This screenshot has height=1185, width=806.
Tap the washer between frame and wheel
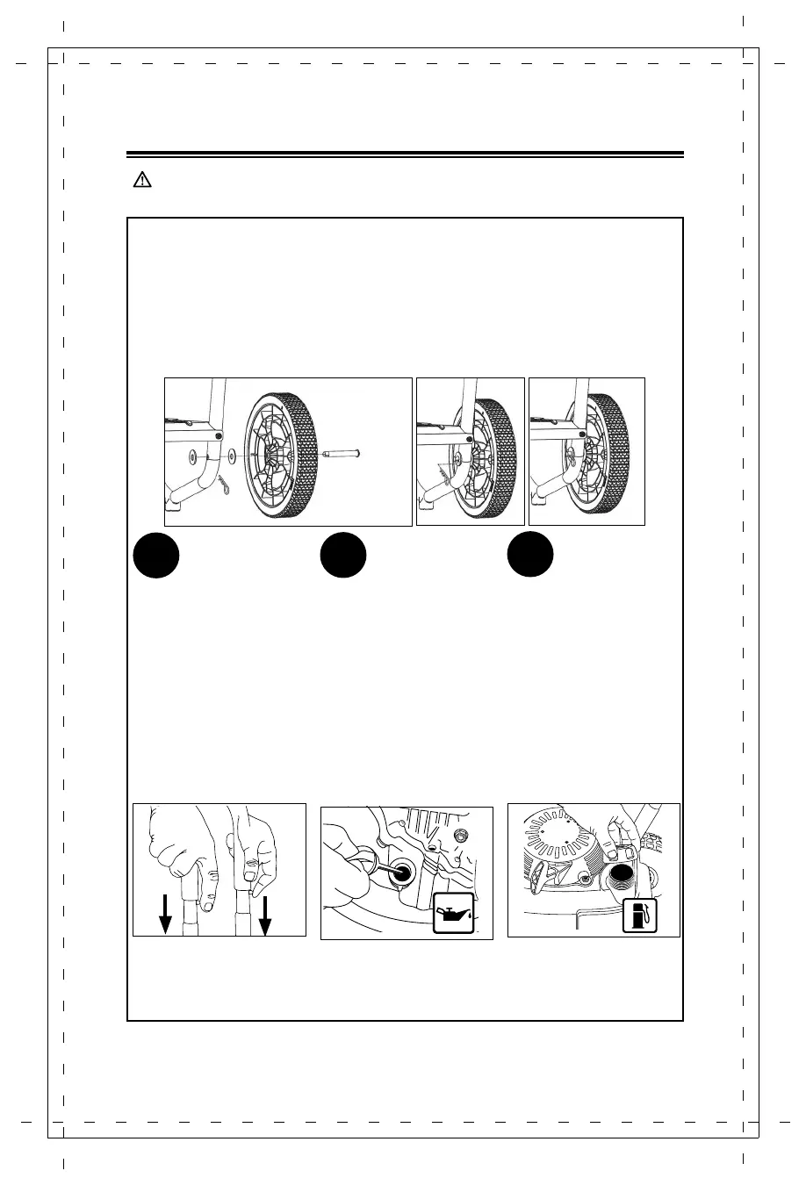pos(230,456)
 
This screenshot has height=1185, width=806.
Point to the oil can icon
pos(454,915)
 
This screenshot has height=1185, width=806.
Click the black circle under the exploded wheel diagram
pos(156,555)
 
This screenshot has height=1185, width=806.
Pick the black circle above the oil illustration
pos(342,555)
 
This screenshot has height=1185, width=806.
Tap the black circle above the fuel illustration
pos(530,555)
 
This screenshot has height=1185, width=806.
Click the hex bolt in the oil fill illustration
pos(462,833)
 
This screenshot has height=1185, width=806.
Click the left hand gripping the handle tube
pos(180,843)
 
